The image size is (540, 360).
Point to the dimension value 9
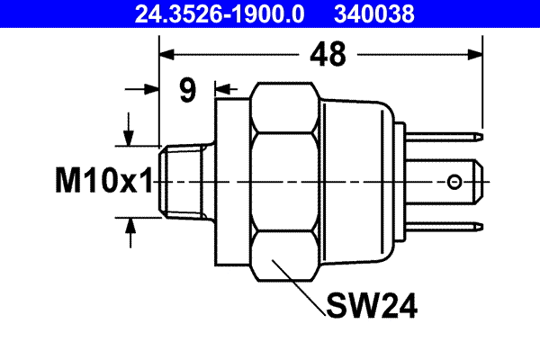(187, 90)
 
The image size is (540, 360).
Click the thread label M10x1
(101, 184)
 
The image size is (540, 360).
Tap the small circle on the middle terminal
(455, 183)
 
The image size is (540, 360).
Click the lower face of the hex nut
(286, 254)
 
